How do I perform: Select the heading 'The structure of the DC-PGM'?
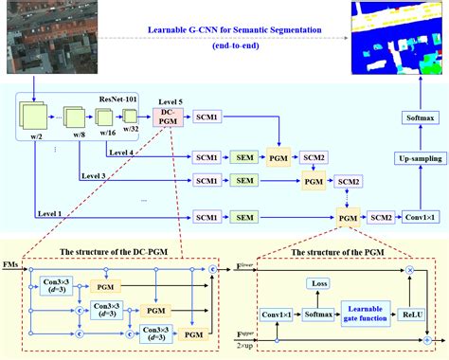[117, 250]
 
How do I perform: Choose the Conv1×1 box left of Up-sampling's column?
[413, 218]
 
